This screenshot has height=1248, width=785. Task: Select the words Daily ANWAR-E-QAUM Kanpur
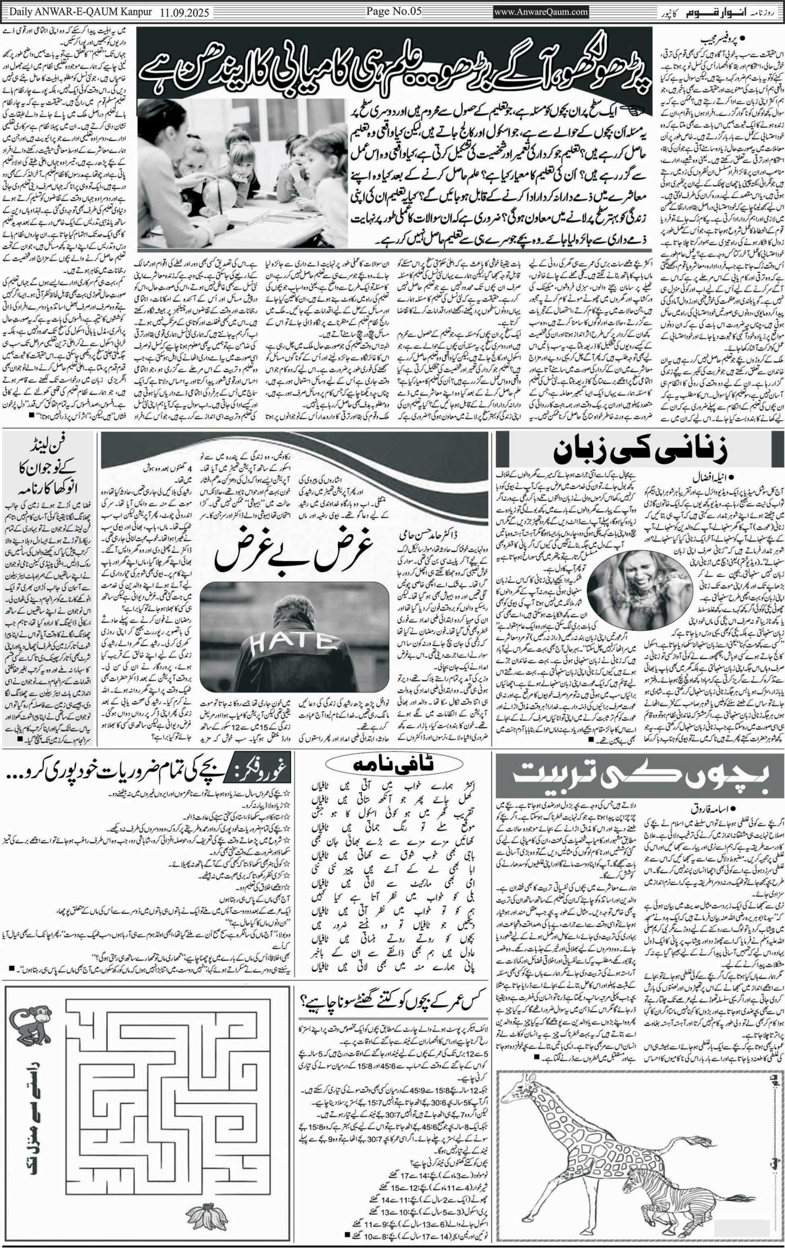pyautogui.click(x=81, y=12)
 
